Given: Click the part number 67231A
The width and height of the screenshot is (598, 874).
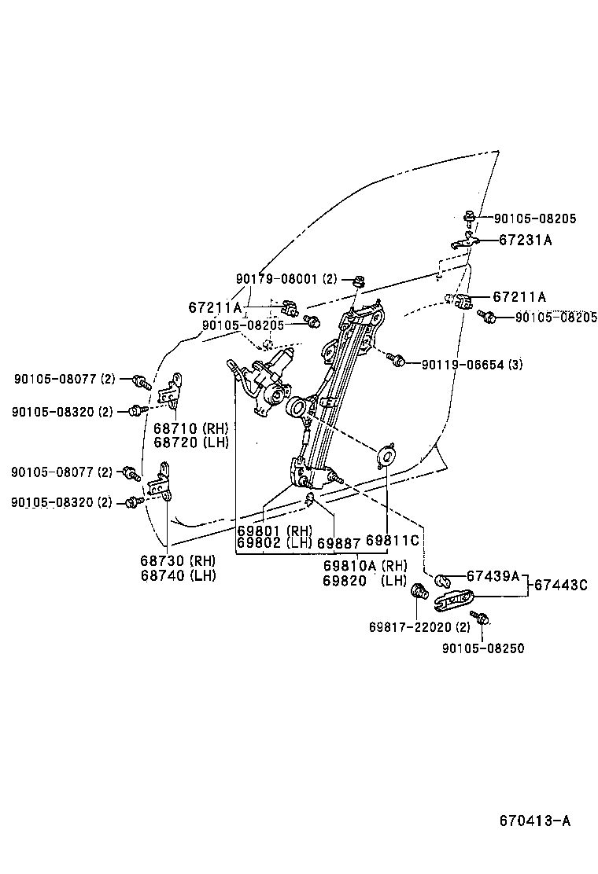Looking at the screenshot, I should [x=525, y=241].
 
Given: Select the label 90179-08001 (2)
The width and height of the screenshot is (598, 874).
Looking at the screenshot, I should [x=286, y=279].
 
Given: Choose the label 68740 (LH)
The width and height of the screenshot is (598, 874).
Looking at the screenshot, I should [x=178, y=575].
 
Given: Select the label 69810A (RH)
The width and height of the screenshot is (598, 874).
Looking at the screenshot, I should [x=364, y=565].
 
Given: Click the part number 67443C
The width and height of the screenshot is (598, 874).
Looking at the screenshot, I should [x=561, y=584].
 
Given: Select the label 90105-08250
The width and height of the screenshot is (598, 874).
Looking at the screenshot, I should [x=483, y=648].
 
